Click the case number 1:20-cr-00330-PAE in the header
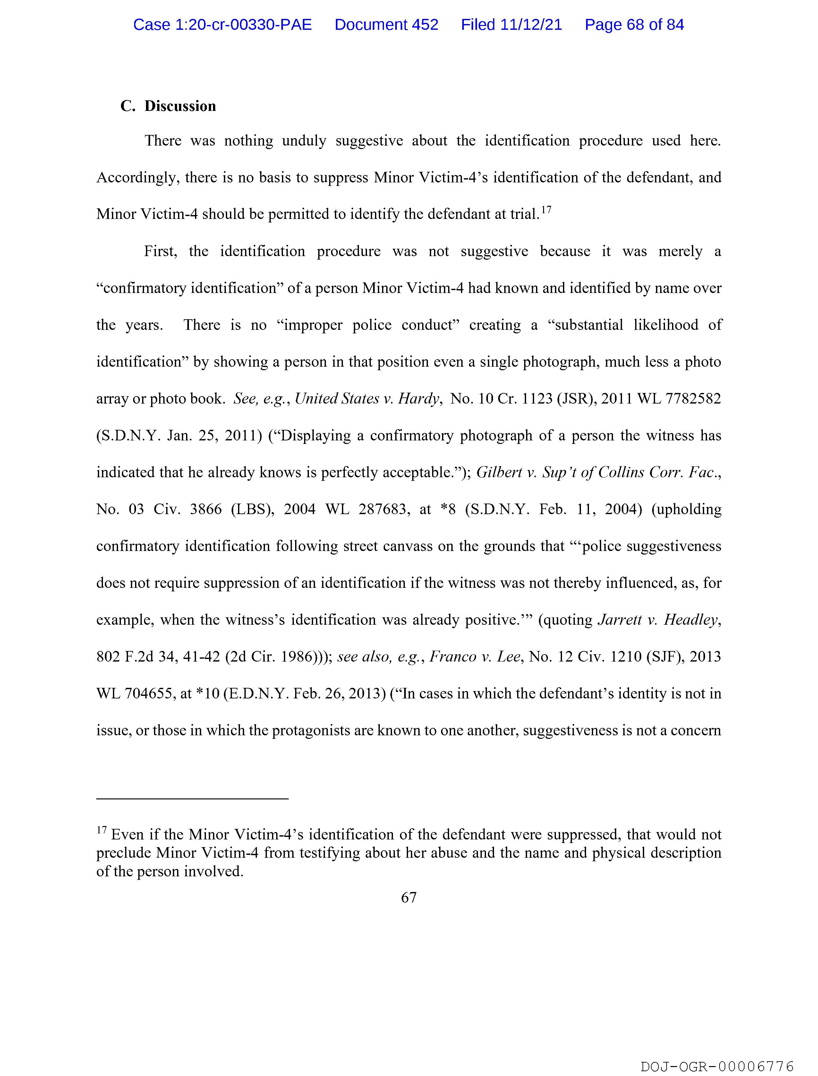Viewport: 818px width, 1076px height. [223, 25]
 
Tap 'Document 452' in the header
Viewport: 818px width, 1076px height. [386, 25]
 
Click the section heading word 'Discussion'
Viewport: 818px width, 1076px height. [180, 106]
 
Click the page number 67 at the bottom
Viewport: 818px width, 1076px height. [408, 897]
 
